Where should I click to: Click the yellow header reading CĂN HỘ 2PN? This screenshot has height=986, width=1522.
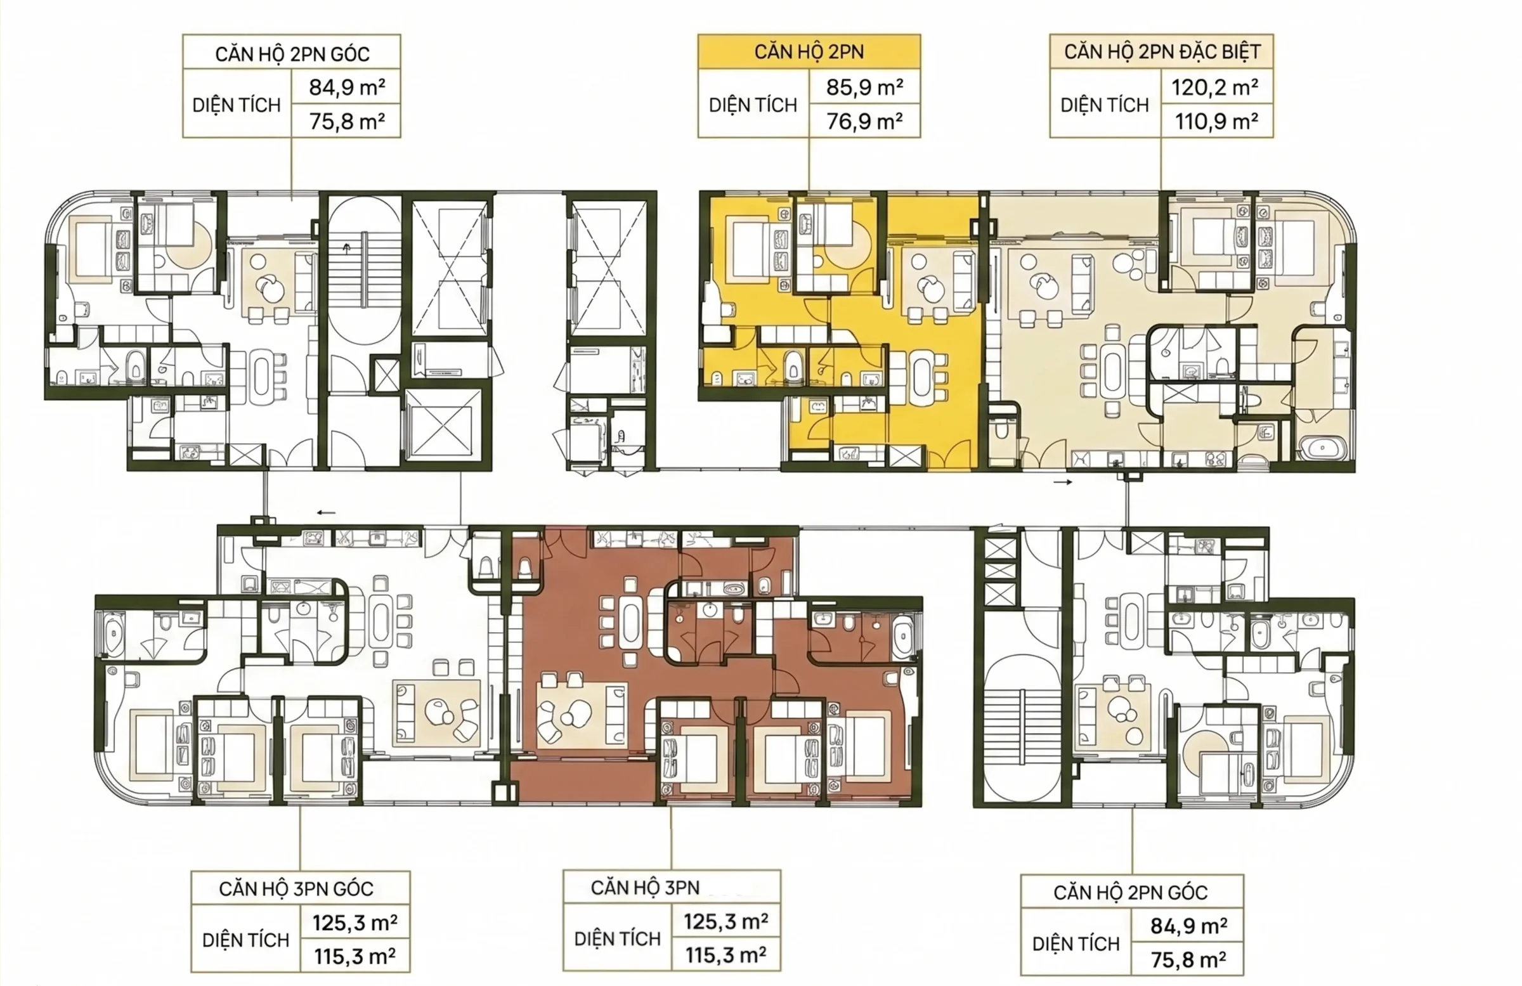pyautogui.click(x=809, y=52)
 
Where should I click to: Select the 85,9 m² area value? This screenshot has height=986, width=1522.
pyautogui.click(x=864, y=87)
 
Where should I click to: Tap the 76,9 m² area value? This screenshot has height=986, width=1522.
pyautogui.click(x=864, y=121)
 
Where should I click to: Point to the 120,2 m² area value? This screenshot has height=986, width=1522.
pyautogui.click(x=1215, y=87)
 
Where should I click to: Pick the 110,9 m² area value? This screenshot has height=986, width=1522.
pyautogui.click(x=1216, y=121)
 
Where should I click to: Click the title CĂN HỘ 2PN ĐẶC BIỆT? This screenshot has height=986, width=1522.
pyautogui.click(x=1162, y=52)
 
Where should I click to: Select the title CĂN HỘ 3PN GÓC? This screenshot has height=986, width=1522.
pyautogui.click(x=296, y=888)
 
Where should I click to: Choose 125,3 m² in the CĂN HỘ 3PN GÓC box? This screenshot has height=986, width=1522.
pyautogui.click(x=355, y=923)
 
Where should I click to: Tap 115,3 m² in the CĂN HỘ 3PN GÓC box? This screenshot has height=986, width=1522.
pyautogui.click(x=355, y=957)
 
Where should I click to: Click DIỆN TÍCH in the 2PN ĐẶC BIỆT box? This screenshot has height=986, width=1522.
pyautogui.click(x=1105, y=105)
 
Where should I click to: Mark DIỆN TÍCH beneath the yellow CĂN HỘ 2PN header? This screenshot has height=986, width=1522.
pyautogui.click(x=753, y=105)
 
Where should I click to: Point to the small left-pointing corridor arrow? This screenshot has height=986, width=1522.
pyautogui.click(x=326, y=512)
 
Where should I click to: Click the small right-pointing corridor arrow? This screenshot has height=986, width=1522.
pyautogui.click(x=1063, y=482)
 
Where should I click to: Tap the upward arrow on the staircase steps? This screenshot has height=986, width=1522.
pyautogui.click(x=348, y=248)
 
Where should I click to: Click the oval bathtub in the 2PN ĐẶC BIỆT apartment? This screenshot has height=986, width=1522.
pyautogui.click(x=1322, y=447)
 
